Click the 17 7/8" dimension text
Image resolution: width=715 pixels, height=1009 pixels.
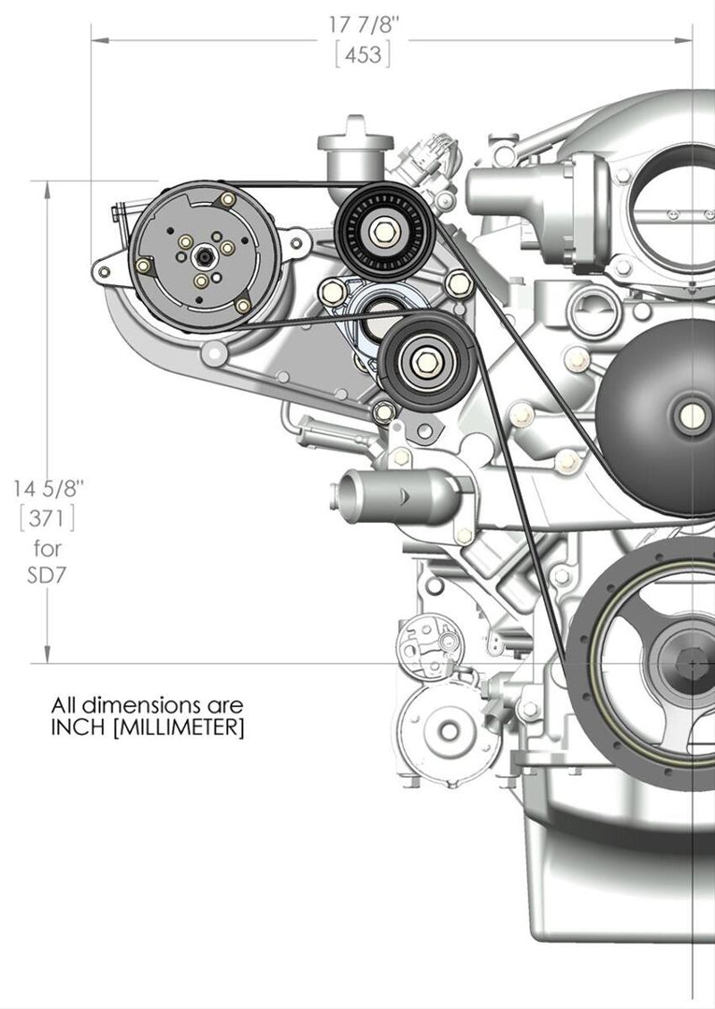[364, 26]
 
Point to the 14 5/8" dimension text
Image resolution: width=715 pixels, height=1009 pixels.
[48, 489]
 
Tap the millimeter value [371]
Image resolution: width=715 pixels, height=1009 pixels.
[48, 517]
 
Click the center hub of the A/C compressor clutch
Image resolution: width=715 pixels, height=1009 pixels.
[206, 257]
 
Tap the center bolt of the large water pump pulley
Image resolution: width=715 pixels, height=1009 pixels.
[692, 415]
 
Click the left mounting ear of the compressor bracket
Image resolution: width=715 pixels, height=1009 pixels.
[104, 268]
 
